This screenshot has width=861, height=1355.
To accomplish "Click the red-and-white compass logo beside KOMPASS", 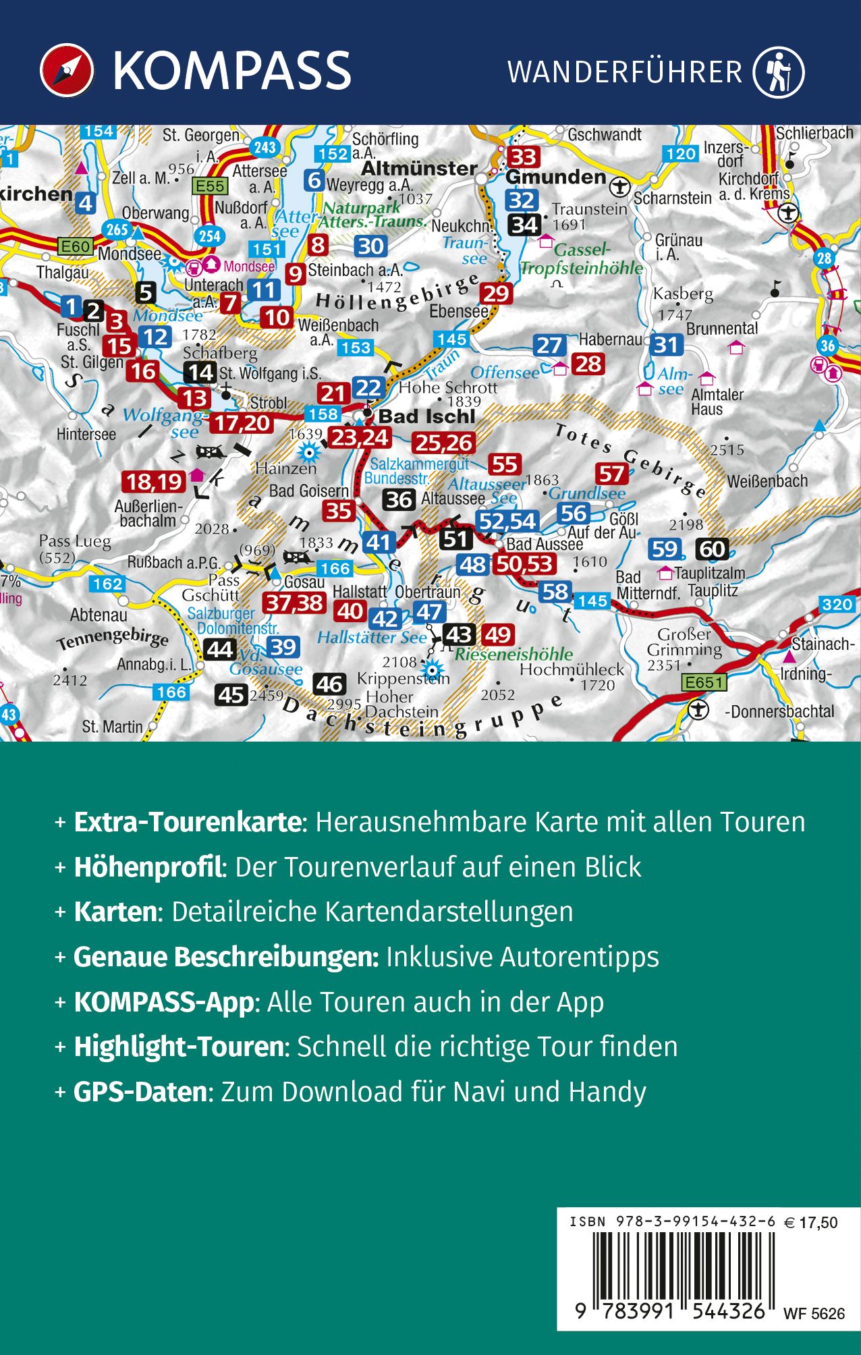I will [66, 70].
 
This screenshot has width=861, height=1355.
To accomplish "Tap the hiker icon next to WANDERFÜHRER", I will [779, 72].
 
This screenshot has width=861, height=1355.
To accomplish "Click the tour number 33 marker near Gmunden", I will [522, 157].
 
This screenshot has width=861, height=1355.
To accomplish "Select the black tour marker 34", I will [524, 225].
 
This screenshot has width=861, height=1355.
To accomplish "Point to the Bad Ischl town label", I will [426, 416].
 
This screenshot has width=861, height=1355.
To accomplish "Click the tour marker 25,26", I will [444, 443].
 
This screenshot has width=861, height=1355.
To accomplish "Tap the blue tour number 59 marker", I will [665, 549].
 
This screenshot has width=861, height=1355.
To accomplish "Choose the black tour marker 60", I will [712, 549].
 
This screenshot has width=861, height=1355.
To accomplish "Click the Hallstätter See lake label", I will [372, 637].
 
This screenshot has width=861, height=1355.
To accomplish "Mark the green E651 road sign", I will [704, 682].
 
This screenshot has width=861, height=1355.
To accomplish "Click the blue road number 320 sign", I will [837, 604].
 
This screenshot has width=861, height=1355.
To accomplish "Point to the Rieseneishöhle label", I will [513, 654].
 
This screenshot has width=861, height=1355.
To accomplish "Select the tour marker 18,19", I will [155, 482].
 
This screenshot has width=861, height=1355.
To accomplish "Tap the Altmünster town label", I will [419, 168].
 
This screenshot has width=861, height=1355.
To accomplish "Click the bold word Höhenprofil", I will [148, 867].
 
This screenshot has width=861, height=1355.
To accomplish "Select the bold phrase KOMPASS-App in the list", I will [163, 1002].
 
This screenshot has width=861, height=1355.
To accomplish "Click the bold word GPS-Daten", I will [140, 1092].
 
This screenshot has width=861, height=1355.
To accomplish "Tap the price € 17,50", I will [810, 1222].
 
